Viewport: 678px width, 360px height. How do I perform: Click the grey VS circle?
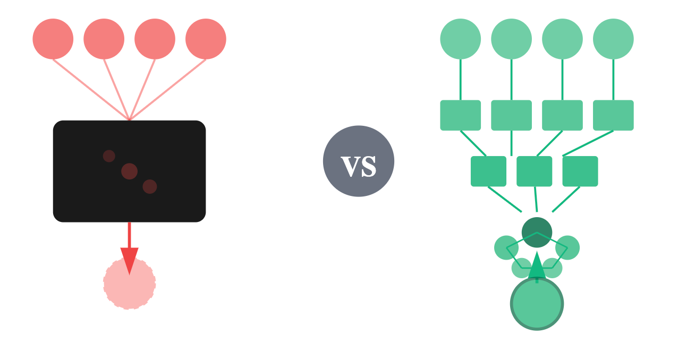(x=359, y=161)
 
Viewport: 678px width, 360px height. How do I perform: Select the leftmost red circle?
(x=53, y=39)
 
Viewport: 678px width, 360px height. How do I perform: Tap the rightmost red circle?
(x=206, y=39)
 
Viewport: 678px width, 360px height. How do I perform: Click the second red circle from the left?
(x=104, y=39)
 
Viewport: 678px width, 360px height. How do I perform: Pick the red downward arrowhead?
(x=129, y=260)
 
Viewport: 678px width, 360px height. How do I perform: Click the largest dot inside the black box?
(x=129, y=172)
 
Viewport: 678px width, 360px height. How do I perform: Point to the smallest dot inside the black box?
(x=109, y=156)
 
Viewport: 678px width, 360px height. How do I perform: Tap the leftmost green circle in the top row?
(x=461, y=39)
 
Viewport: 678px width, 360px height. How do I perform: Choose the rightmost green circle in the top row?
(x=613, y=39)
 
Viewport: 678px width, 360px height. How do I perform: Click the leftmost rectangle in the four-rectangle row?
(x=461, y=115)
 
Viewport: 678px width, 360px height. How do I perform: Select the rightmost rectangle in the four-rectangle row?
(x=613, y=115)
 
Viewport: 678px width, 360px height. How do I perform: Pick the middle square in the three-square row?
(x=534, y=171)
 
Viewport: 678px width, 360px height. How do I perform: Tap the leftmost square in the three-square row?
(x=488, y=171)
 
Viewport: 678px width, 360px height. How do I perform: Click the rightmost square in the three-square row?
(x=580, y=171)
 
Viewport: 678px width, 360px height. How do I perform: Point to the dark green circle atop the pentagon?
(x=537, y=232)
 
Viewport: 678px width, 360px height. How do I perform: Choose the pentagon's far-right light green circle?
(x=568, y=248)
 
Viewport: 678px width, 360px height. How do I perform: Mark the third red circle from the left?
(x=155, y=39)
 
